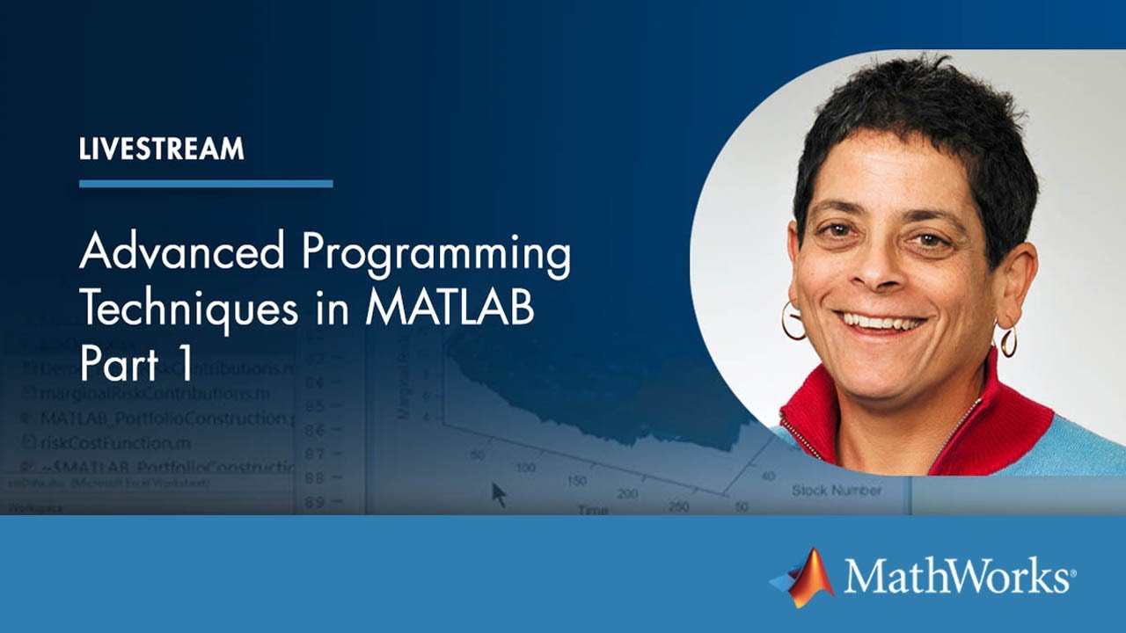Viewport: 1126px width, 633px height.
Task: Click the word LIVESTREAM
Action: (161, 149)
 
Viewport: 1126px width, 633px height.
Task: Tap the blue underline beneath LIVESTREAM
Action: (206, 184)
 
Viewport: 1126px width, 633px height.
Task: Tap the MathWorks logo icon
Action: (804, 578)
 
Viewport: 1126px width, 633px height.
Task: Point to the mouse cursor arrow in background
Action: (499, 494)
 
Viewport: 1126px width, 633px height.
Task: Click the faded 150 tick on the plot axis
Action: (577, 481)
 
